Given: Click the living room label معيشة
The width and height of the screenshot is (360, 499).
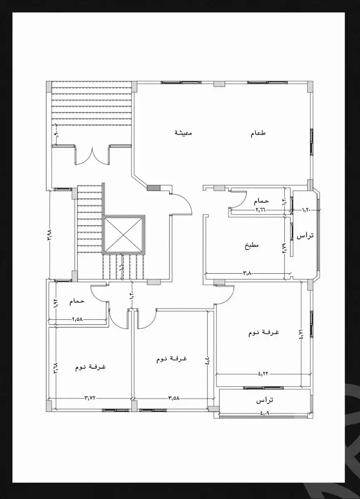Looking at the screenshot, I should pyautogui.click(x=183, y=133).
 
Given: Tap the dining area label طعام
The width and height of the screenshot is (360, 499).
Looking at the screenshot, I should pyautogui.click(x=258, y=133).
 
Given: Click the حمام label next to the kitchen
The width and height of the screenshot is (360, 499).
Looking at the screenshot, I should pyautogui.click(x=261, y=201).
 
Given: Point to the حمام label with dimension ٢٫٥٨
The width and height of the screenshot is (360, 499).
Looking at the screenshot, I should pyautogui.click(x=77, y=301).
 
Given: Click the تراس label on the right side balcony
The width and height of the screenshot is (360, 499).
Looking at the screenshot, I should pyautogui.click(x=305, y=235).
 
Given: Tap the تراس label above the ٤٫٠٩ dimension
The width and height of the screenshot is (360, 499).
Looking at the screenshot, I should pyautogui.click(x=264, y=400).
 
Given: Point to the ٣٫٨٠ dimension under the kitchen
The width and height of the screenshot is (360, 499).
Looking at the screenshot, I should pyautogui.click(x=248, y=273).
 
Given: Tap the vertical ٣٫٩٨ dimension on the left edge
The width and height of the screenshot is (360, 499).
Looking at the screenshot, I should pyautogui.click(x=50, y=234).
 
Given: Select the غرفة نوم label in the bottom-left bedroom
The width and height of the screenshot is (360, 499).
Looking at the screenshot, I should pyautogui.click(x=90, y=367).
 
